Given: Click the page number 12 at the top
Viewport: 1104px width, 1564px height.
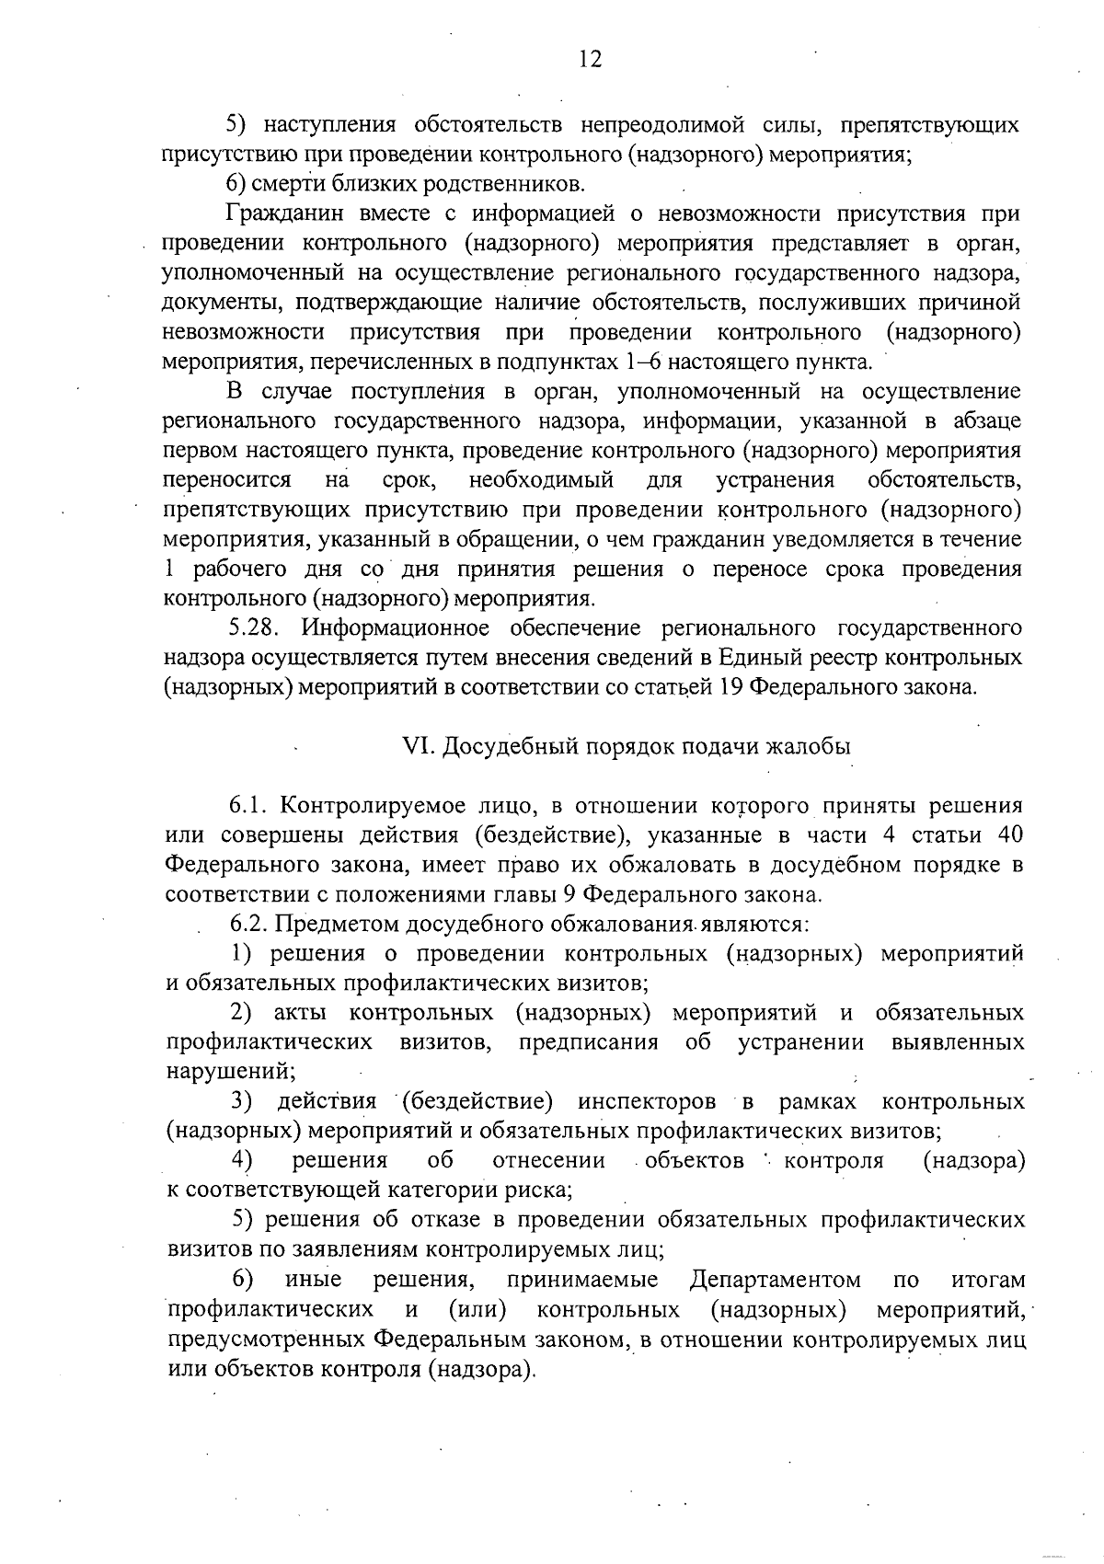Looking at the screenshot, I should tap(590, 60).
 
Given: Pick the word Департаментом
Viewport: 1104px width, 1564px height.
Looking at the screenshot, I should tap(775, 1280).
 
